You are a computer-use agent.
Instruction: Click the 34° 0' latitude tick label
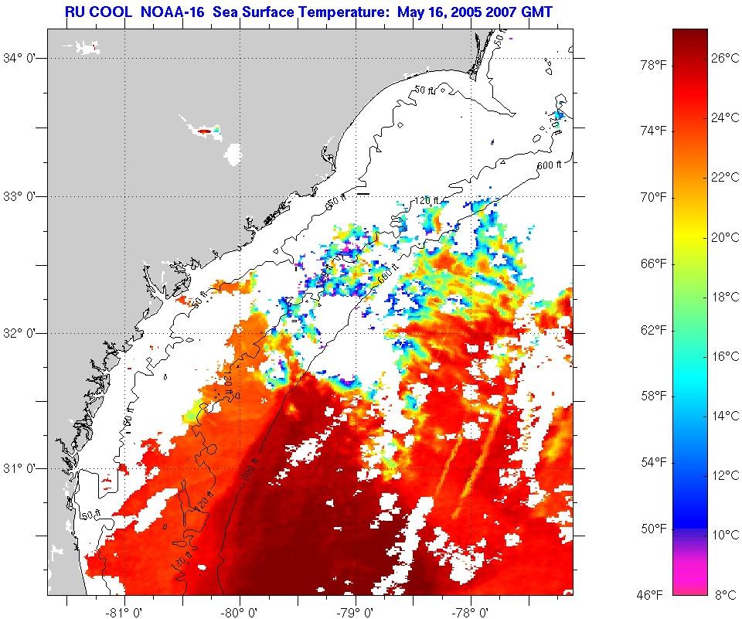(25, 59)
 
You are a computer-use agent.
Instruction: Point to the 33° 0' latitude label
(25, 196)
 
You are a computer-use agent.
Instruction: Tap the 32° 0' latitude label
(25, 334)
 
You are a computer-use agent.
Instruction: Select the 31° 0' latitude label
(25, 468)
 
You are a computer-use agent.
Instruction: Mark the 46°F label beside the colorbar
(651, 594)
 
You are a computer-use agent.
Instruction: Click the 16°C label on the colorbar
(725, 356)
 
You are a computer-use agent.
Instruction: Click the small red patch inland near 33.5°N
(204, 131)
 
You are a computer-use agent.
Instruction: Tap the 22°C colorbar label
(725, 177)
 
